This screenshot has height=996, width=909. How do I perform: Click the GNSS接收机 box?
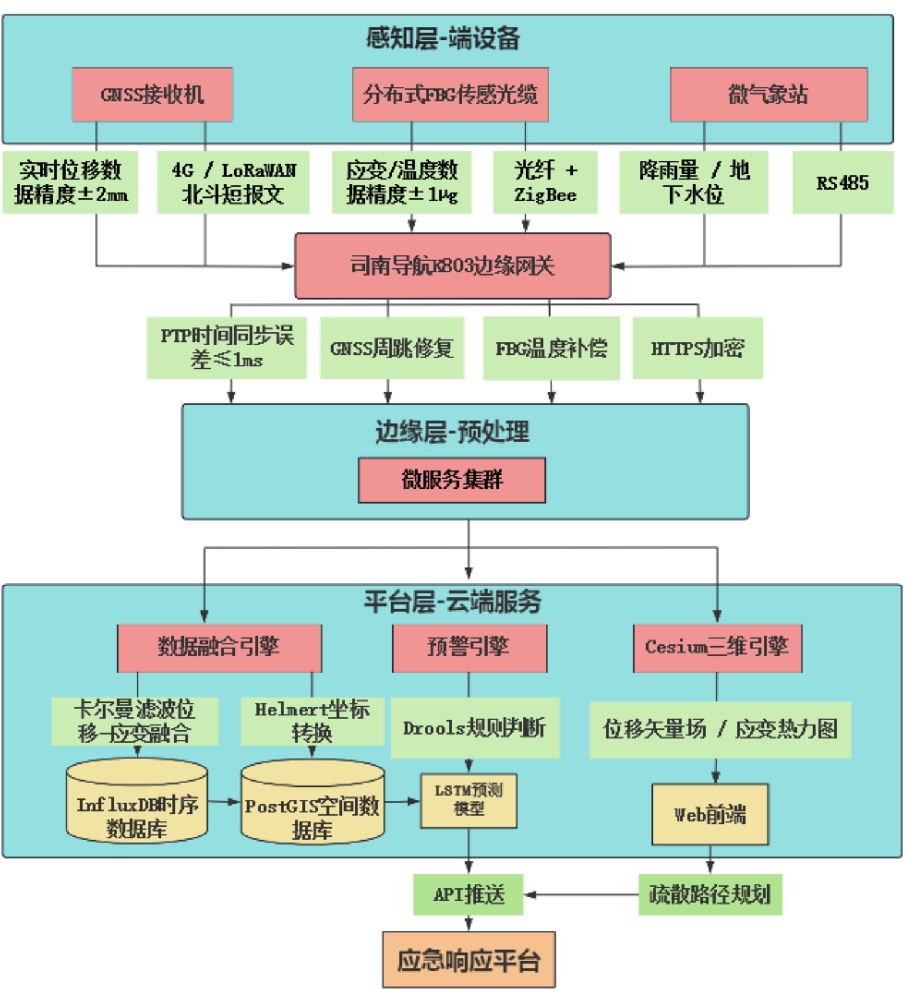point(152,95)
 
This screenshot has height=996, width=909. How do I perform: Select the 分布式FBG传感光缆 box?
point(450,95)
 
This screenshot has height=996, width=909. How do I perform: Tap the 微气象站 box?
point(768,95)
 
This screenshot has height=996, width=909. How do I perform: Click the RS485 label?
point(842,183)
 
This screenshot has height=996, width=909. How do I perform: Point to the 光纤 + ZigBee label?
point(545,182)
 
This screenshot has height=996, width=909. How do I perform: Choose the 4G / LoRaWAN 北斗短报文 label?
point(233,182)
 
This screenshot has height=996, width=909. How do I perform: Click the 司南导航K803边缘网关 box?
point(452,266)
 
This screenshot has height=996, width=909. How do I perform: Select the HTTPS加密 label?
point(698,348)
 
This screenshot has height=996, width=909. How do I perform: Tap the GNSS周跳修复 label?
point(392,348)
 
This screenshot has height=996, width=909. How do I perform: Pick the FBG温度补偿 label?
point(551,348)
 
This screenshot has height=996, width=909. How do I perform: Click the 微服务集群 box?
point(452,480)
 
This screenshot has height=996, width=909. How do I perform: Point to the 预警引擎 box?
point(469,648)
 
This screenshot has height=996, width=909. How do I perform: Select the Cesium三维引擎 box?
point(717,648)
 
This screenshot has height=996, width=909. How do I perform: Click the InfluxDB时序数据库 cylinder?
point(137,803)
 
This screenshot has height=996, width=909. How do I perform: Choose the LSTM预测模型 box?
point(468,800)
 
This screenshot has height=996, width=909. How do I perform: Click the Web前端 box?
point(710,814)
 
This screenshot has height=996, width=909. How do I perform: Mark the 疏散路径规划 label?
point(710,894)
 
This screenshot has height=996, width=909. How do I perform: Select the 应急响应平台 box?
point(468,960)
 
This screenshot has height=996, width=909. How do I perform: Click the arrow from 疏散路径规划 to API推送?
point(581,894)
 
